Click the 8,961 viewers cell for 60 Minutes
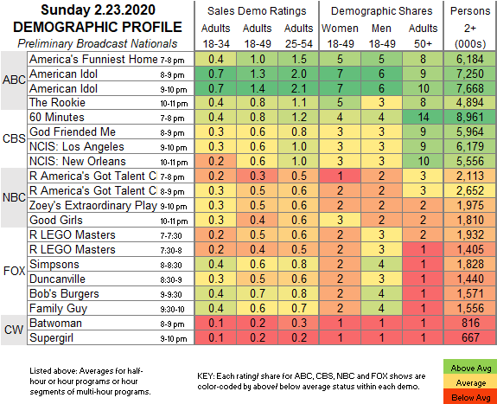click(470, 117)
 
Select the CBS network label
click(14, 138)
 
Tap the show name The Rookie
click(57, 102)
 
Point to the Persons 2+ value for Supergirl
click(470, 337)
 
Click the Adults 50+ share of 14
click(423, 117)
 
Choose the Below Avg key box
click(471, 397)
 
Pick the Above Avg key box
click(471, 368)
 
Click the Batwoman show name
click(56, 323)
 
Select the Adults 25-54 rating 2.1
click(298, 88)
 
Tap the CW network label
click(14, 330)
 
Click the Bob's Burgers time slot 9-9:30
click(171, 294)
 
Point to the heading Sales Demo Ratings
click(257, 11)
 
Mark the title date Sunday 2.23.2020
click(98, 10)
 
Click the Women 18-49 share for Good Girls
click(340, 220)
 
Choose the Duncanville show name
click(57, 279)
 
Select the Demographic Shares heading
click(382, 11)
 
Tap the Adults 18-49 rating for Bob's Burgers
click(257, 293)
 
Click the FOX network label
click(14, 271)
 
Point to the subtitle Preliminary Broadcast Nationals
click(98, 43)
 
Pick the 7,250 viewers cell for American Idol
click(470, 74)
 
